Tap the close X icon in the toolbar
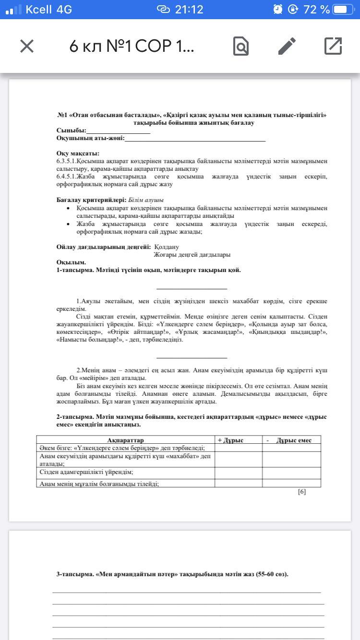coord(27,46)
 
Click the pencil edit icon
coord(287,46)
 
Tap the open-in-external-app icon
coord(333,46)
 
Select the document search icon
coord(241,46)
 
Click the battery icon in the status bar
coord(346,10)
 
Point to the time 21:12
coord(189,10)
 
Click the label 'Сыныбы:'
coord(71,130)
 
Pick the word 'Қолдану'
coord(167,247)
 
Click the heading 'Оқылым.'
coord(71,262)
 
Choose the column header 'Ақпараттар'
coord(125,440)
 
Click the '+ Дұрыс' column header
coord(231,440)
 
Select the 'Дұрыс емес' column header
coord(294,440)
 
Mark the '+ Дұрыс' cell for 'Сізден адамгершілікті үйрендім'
coord(238,473)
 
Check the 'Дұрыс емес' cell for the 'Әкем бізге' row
coord(291,448)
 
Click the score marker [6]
coord(302,492)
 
